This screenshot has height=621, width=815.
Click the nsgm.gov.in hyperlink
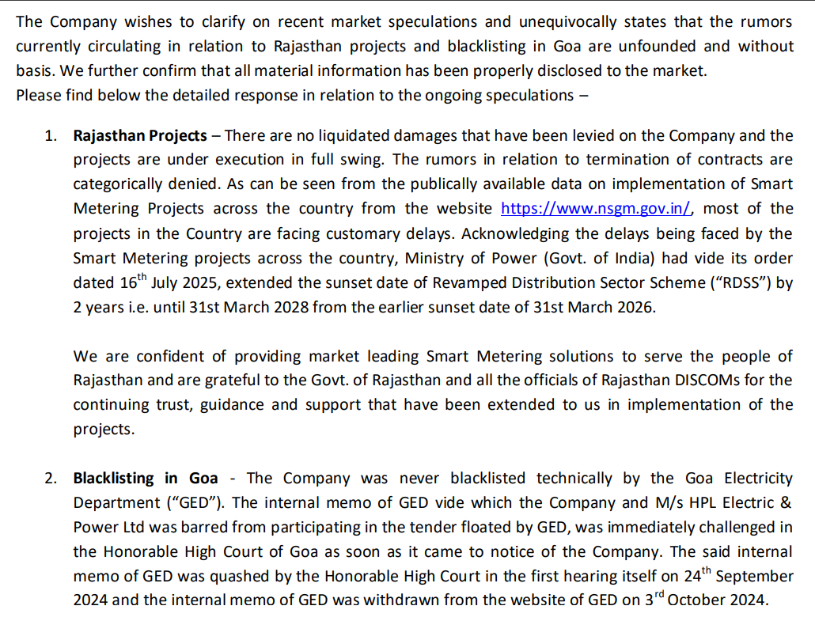[x=597, y=209]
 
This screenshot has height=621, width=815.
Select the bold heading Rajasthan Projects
[x=140, y=135]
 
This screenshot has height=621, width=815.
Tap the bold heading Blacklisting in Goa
[x=146, y=478]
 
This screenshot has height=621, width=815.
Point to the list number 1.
[x=51, y=135]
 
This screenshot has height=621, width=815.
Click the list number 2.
[x=51, y=478]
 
